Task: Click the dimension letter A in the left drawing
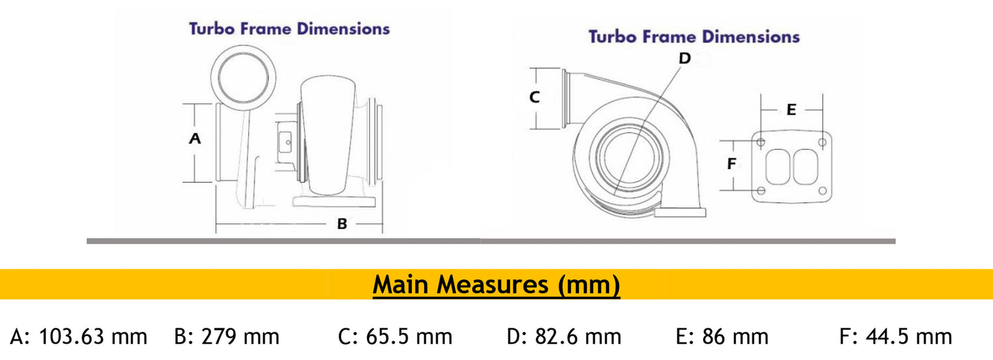194,139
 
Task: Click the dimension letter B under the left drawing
342,224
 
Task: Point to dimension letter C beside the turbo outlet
535,98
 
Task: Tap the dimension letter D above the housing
684,58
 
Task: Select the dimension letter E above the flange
791,109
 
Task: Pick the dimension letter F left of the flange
732,164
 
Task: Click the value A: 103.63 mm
79,337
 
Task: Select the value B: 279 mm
227,337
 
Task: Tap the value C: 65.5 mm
395,337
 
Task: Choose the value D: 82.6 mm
564,337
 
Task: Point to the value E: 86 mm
722,337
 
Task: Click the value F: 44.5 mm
895,337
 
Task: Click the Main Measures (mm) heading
496,284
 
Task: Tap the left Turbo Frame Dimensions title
289,29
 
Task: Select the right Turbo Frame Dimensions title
694,36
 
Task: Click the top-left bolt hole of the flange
761,142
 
